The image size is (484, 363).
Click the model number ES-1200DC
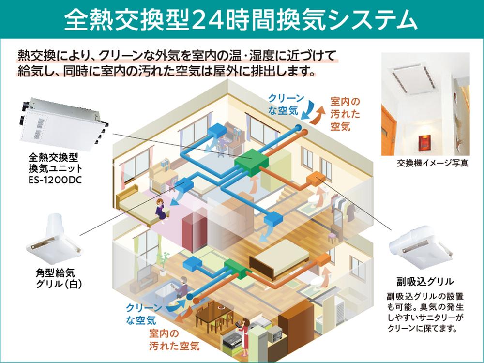(55, 180)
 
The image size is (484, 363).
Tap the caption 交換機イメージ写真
(432, 163)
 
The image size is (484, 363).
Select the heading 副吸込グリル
(425, 282)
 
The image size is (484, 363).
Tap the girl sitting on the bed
(161, 209)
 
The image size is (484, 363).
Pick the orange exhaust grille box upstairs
(316, 179)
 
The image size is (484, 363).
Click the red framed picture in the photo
(424, 143)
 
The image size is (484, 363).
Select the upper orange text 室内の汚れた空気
(345, 114)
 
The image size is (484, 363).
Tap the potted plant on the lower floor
(163, 263)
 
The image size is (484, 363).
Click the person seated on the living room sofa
(182, 287)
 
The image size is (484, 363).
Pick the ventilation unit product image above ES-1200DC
(63, 124)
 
